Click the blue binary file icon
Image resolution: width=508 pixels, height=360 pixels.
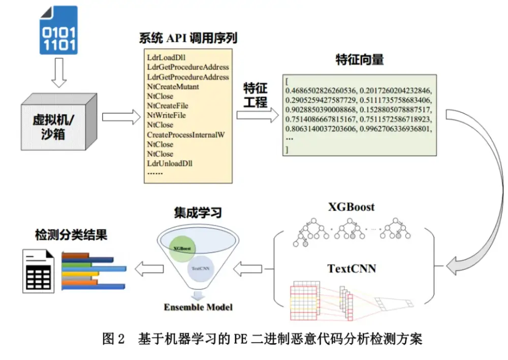[x=58, y=30]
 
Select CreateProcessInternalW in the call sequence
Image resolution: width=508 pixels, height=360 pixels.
[x=185, y=135]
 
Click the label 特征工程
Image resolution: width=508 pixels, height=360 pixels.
[x=255, y=95]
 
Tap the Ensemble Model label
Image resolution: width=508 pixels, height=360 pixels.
[x=198, y=307]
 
